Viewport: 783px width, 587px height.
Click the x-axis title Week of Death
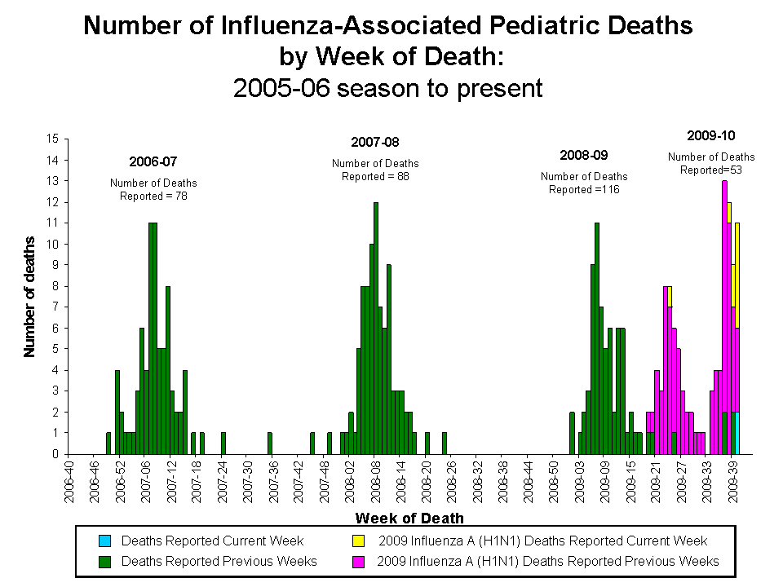coord(409,518)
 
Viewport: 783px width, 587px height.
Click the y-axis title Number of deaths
coord(30,297)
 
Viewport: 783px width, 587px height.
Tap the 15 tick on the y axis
coord(53,139)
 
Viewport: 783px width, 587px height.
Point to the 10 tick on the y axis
coord(53,244)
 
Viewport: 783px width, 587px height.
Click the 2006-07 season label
coord(153,161)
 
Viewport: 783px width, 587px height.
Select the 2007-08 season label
coord(375,142)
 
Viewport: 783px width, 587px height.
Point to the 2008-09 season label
coord(584,155)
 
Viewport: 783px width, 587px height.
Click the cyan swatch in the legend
coord(104,541)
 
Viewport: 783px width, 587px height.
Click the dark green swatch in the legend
coord(104,561)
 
